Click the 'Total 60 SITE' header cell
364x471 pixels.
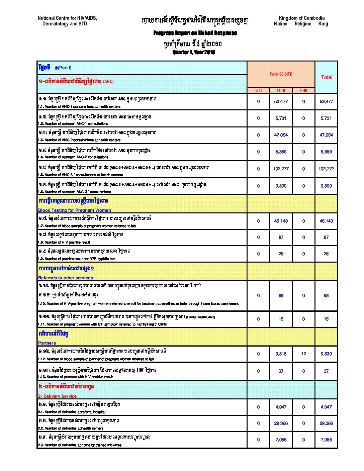pos(281,74)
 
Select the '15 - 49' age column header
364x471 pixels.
pos(281,91)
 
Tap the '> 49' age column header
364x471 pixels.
pos(303,91)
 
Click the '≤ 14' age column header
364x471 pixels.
pos(259,91)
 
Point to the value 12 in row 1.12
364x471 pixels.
pos(303,354)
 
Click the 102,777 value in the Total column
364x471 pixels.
pos(326,169)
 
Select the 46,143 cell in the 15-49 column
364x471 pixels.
pos(281,221)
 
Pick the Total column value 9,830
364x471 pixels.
pos(326,354)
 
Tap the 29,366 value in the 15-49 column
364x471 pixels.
pos(281,423)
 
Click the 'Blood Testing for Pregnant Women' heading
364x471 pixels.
pos(75,210)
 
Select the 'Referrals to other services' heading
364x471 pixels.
pos(66,278)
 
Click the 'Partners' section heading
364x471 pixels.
pos(47,343)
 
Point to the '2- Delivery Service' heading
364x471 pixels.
pos(58,396)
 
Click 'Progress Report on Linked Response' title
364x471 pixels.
pos(195,33)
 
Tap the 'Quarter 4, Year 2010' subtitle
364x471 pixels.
pos(194,52)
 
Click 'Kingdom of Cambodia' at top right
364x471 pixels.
pos(301,18)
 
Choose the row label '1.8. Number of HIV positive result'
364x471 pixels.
pos(64,242)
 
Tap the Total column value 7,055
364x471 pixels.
pos(326,440)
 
